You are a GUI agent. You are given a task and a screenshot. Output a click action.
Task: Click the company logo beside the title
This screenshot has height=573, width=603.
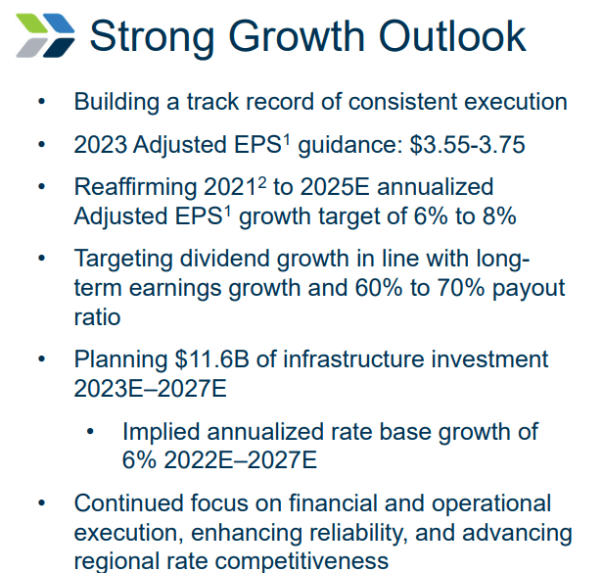[x=43, y=35]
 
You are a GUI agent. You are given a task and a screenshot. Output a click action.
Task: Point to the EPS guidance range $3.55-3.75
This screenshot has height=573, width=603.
[x=468, y=145]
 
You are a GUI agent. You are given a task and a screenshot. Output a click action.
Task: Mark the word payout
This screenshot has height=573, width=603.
[x=529, y=288]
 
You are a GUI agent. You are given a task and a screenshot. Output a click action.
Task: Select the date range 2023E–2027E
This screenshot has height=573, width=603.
[x=150, y=388]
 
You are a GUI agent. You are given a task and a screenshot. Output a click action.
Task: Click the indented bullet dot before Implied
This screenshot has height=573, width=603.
[x=91, y=432]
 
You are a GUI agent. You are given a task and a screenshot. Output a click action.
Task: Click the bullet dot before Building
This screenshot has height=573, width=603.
[x=41, y=103]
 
